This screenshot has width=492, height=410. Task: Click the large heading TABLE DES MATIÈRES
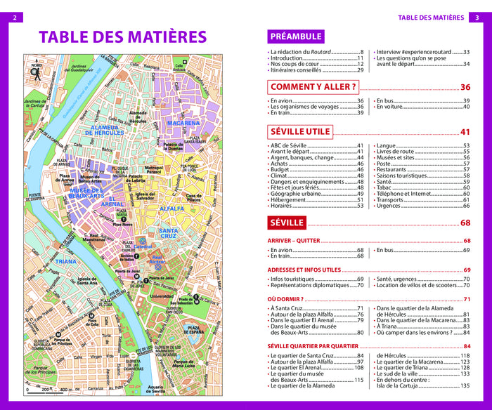pyautogui.click(x=122, y=37)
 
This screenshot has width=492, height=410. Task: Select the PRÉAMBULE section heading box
pyautogui.click(x=296, y=37)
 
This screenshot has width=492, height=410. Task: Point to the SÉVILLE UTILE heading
pyautogui.click(x=300, y=131)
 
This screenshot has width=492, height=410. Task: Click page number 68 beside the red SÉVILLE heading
pyautogui.click(x=465, y=223)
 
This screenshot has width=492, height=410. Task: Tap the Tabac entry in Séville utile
pyautogui.click(x=386, y=188)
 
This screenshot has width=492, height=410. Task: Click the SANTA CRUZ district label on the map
pyautogui.click(x=171, y=234)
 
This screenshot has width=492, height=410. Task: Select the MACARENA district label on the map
pyautogui.click(x=183, y=123)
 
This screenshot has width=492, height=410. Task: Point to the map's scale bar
pyautogui.click(x=49, y=388)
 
